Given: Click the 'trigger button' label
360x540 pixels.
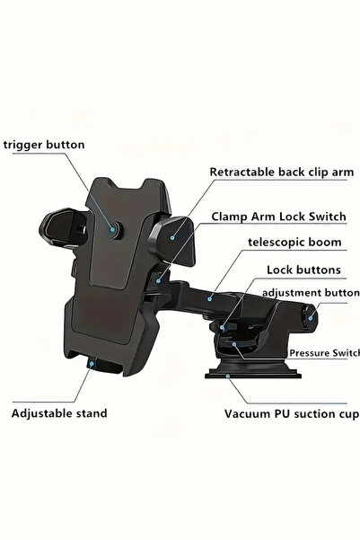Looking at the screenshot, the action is (x=44, y=145).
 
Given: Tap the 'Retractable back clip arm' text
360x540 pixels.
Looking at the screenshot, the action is (x=282, y=173).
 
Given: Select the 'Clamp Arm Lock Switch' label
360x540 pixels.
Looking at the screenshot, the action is (x=278, y=217).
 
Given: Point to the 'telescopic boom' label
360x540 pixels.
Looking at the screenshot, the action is (x=294, y=243).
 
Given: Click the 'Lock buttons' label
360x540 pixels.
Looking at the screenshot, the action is (x=304, y=270).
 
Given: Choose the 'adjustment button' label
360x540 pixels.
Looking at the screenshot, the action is (x=311, y=293).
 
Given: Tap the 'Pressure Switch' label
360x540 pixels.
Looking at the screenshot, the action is (x=324, y=353).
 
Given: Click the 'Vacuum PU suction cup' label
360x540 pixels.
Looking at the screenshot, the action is (x=292, y=413).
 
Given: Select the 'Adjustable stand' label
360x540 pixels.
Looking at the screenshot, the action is (x=59, y=413).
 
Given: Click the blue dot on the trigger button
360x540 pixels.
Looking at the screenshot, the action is (x=112, y=229).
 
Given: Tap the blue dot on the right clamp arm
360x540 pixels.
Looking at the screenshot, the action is (x=172, y=237).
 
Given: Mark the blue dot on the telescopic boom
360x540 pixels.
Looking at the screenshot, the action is (x=209, y=299).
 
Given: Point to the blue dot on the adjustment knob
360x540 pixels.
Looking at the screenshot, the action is (x=310, y=318).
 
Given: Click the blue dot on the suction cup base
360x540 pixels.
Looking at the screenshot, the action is (x=227, y=376).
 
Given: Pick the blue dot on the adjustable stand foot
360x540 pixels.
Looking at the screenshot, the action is (x=92, y=364).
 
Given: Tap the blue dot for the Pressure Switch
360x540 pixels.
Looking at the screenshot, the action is (x=234, y=344).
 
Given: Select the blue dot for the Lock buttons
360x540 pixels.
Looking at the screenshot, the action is (x=223, y=328).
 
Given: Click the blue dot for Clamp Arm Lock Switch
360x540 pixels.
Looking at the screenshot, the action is (x=158, y=281).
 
